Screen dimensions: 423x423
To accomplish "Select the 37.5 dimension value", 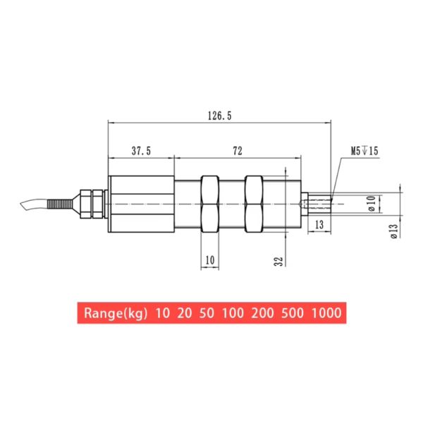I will pyautogui.click(x=141, y=151).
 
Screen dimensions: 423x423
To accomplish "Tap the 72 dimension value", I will pyautogui.click(x=238, y=151).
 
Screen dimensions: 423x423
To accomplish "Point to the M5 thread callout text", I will pyautogui.click(x=364, y=151).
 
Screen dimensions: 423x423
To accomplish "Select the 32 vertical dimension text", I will pyautogui.click(x=279, y=261).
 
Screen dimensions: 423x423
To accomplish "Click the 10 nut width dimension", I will pyautogui.click(x=209, y=260).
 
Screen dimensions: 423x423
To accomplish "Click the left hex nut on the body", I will pyautogui.click(x=210, y=204).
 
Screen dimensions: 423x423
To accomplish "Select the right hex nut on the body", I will pyautogui.click(x=254, y=204).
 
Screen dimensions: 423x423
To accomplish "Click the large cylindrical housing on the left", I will pyautogui.click(x=141, y=204).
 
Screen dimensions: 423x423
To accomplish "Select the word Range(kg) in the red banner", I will pyautogui.click(x=116, y=312).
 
